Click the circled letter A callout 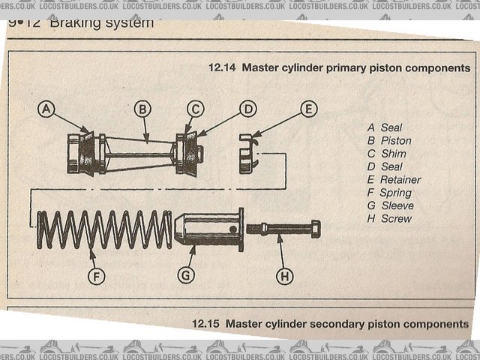47,109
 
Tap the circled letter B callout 142,109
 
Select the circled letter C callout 195,109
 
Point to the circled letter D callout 247,109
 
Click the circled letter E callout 308,109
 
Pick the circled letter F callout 95,276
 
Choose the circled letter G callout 186,276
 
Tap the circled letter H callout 284,276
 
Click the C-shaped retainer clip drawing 247,153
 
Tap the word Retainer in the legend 400,180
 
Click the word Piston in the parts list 396,141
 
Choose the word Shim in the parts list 392,154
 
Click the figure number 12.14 222,67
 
